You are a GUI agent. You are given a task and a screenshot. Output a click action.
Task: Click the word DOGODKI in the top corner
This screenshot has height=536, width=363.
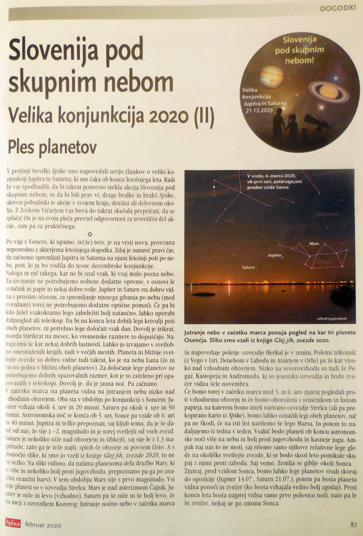click(338, 9)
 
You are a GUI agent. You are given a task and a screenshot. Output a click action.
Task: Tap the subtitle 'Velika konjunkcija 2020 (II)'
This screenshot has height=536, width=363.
click(111, 116)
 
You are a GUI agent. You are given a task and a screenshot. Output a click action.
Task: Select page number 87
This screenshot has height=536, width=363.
click(354, 524)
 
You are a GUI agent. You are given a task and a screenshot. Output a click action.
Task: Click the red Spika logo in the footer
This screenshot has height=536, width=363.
click(13, 524)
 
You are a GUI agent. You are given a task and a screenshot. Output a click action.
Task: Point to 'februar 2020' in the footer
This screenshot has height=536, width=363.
click(43, 525)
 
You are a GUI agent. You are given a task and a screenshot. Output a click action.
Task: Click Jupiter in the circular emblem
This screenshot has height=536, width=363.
click(271, 75)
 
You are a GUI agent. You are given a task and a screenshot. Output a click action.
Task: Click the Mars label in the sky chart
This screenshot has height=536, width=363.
click(314, 244)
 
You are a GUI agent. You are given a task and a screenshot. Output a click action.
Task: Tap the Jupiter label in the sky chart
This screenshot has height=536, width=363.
click(274, 255)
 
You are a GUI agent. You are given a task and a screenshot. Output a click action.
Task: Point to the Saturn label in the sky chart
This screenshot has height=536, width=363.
click(248, 267)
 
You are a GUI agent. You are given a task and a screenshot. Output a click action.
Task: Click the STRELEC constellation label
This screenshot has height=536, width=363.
click(323, 261)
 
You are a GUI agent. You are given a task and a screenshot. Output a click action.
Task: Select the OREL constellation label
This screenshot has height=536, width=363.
click(230, 220)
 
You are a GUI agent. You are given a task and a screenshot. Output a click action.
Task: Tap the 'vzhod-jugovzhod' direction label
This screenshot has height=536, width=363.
click(331, 318)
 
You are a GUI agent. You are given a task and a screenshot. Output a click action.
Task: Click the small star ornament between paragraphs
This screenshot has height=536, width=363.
click(90, 234)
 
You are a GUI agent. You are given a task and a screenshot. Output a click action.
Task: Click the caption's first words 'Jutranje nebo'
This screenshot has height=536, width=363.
click(202, 333)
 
